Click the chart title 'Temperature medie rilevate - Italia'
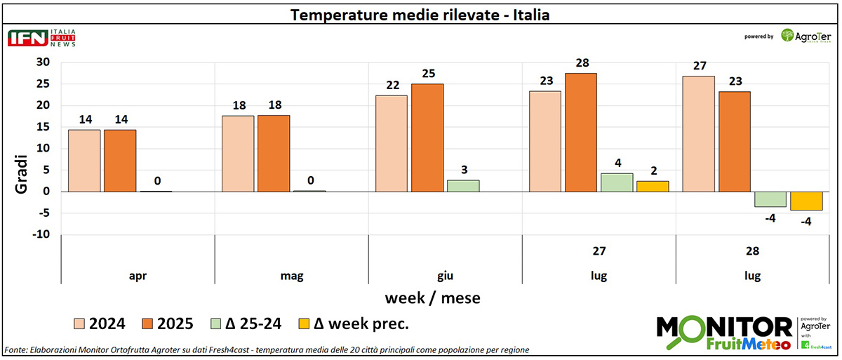[420, 14]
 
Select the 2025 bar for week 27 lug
[581, 132]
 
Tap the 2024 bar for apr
[84, 160]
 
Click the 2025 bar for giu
[427, 138]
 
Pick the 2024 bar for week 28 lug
[699, 133]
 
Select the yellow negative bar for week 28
[806, 201]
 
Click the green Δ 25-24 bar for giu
[463, 185]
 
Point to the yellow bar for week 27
[653, 186]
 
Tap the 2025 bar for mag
[274, 153]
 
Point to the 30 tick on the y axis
[44, 62]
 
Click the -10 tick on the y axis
[41, 234]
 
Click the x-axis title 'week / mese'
[432, 298]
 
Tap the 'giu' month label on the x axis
[445, 276]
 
